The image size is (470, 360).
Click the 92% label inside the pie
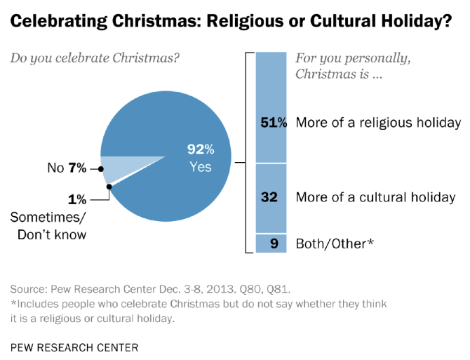coord(200,149)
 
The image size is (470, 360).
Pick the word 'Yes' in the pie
coord(200,167)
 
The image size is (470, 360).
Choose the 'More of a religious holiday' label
coord(378,123)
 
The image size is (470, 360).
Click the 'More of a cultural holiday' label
coord(375,197)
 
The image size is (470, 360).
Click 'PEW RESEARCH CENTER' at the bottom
coord(74,347)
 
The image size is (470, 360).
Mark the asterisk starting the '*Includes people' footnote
coord(13,304)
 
